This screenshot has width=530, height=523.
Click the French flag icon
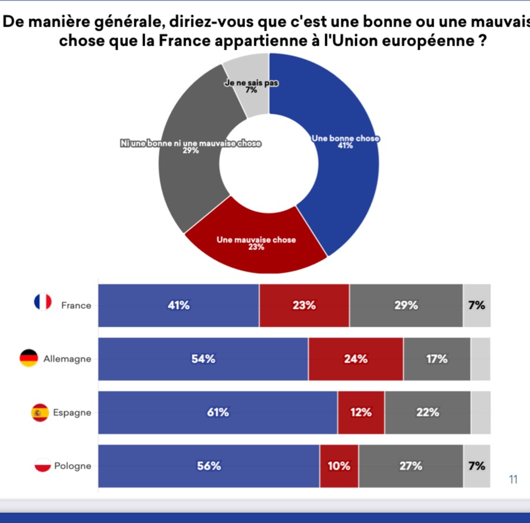[43, 302]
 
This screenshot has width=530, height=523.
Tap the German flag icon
[29, 358]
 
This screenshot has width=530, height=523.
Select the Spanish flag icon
[40, 413]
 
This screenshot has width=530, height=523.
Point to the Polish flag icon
[43, 465]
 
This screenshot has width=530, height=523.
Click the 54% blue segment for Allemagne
[203, 359]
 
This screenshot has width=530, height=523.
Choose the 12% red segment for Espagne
[361, 413]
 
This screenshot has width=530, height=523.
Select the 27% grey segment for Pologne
[410, 466]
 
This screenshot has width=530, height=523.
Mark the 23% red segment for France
[304, 306]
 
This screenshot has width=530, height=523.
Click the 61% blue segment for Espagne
[217, 413]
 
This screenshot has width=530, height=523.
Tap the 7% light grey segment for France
[476, 306]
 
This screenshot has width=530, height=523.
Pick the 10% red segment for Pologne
[339, 466]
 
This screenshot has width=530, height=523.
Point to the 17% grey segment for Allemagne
[437, 359]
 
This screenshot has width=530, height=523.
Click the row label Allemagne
[67, 359]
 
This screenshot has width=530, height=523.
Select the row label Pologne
[73, 466]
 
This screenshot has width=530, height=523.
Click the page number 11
[513, 479]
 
